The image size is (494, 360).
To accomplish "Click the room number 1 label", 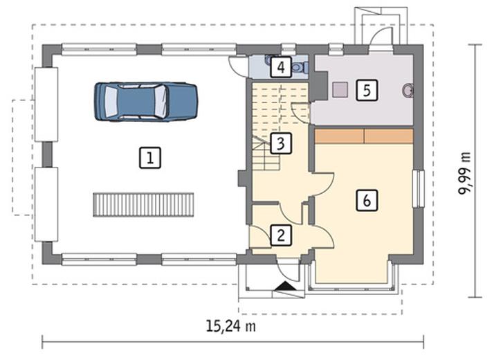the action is (x=150, y=158).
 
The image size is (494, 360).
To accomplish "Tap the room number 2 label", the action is (x=281, y=235).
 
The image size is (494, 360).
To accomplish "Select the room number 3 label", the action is (x=281, y=143).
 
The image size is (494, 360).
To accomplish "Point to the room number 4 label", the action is (x=281, y=67).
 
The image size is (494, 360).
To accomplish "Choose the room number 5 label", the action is (x=367, y=90).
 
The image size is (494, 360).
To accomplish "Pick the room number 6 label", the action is (x=367, y=200).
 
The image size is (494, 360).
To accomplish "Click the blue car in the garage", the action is (x=146, y=102).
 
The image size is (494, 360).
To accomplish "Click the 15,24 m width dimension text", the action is (x=231, y=326).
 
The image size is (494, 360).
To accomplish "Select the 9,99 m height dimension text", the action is (x=465, y=174).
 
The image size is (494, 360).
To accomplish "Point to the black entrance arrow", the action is (x=285, y=286).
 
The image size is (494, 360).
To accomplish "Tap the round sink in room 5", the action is (x=408, y=90).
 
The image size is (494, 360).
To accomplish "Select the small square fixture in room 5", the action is (x=340, y=89).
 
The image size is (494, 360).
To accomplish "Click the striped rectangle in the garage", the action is (x=143, y=205).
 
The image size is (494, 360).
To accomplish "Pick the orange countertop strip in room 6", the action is (x=364, y=136).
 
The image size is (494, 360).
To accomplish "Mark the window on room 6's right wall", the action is (x=419, y=189).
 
